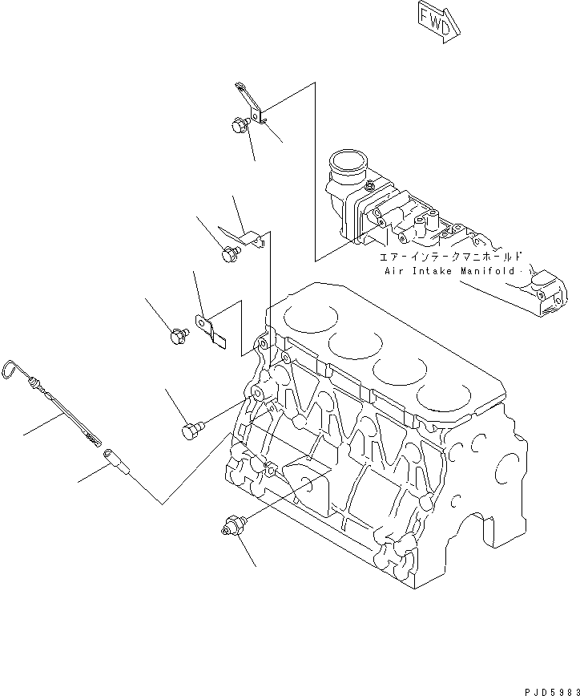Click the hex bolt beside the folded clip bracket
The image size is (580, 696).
230,255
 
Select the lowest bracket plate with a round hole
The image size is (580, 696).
211,330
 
